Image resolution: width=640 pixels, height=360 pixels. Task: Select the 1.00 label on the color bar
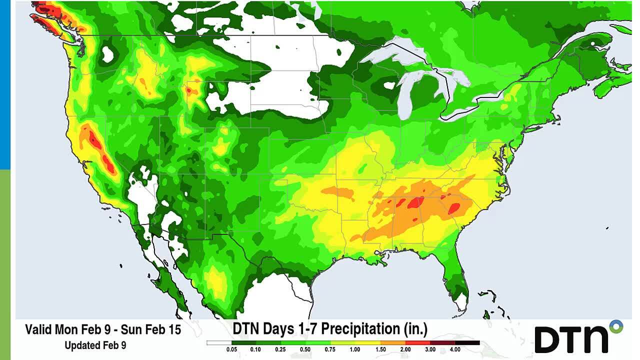354,349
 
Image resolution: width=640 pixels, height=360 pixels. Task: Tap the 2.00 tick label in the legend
405,349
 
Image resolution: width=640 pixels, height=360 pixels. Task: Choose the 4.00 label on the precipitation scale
454,349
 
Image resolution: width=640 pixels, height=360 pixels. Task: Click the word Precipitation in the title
360,329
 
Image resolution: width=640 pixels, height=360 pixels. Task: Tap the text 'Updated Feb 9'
95,345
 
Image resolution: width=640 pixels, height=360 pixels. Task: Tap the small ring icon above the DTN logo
616,327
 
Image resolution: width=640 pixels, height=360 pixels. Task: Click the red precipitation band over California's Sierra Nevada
97,147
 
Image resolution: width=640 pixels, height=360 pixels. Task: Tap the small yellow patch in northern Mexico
217,280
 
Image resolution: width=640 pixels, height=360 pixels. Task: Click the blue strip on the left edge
5,85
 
